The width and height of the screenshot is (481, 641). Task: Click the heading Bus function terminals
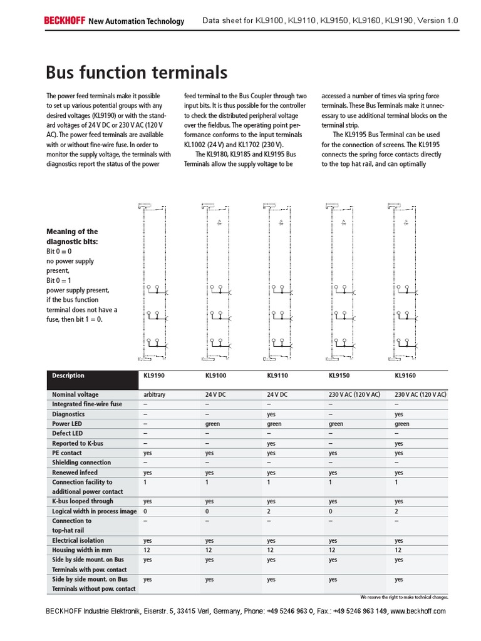137,73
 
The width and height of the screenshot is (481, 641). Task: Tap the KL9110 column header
278,376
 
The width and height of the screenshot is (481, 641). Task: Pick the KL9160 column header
405,376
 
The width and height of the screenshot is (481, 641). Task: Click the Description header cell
68,376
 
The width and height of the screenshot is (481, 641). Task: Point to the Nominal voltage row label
75,395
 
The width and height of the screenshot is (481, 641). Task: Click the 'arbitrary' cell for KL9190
155,395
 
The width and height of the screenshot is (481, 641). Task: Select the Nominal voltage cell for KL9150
354,395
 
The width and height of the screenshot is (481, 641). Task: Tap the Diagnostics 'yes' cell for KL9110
271,414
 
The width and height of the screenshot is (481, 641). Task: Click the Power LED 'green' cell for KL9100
214,424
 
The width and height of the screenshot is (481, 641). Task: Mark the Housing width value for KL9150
333,550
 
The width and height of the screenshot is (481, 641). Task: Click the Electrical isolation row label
78,540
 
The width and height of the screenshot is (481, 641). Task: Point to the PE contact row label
67,453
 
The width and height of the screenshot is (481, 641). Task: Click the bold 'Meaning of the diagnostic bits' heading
72,236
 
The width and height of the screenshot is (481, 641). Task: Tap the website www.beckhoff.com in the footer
418,611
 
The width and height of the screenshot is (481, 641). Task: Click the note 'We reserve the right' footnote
405,597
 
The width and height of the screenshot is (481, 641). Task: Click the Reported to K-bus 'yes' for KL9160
399,443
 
